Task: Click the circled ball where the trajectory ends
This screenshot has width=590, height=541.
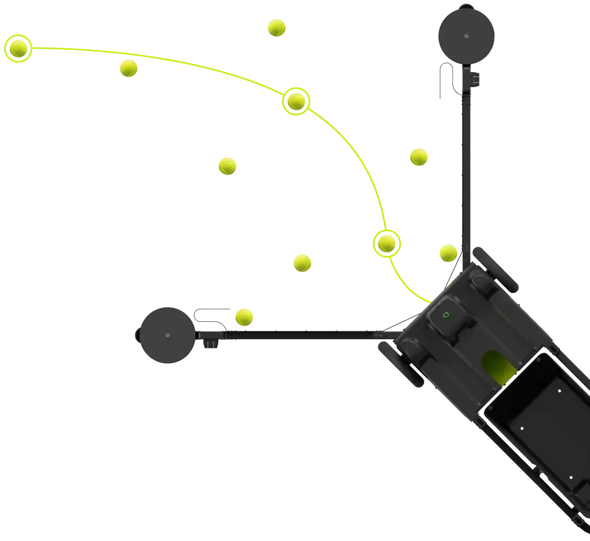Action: [19, 49]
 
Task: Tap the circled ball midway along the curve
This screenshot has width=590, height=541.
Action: [296, 101]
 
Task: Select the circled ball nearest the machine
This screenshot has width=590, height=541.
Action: [387, 243]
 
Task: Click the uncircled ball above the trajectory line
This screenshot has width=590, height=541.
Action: [276, 27]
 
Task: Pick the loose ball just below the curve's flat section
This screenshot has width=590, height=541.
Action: [128, 68]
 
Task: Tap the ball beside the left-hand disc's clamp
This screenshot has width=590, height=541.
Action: [244, 317]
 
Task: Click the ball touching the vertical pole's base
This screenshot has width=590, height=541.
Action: [448, 253]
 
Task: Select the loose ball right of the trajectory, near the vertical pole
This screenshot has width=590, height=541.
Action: [418, 157]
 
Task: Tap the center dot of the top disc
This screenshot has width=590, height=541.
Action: [466, 37]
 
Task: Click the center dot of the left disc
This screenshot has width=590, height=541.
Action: [167, 335]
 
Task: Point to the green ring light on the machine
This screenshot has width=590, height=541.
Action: [446, 315]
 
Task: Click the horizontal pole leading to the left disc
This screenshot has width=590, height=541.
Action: [304, 333]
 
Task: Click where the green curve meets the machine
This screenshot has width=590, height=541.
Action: [430, 302]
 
